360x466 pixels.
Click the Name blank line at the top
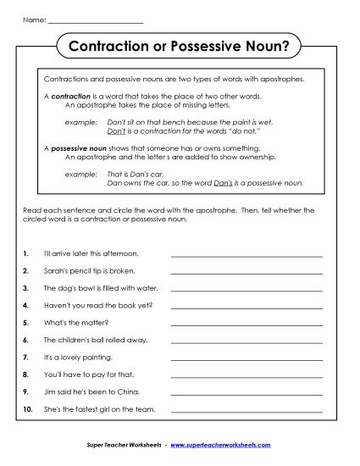[x=95, y=19]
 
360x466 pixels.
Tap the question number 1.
[x=27, y=252]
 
